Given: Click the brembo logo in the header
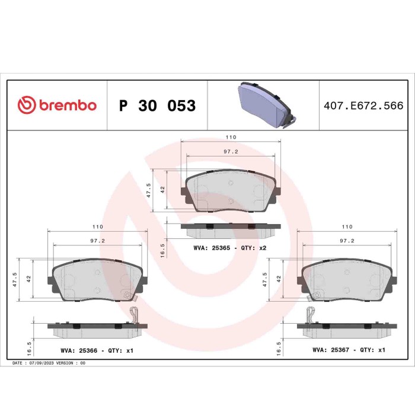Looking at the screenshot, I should coord(57,106).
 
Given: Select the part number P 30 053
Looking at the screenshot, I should coord(157,106).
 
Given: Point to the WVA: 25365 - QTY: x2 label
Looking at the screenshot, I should coord(230,247).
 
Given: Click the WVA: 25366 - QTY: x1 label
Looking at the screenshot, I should coord(97,351).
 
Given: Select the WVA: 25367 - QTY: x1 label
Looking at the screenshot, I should coord(349,350).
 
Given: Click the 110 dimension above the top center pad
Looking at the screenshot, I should coord(231,138).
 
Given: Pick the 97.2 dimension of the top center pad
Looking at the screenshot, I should coord(231,152).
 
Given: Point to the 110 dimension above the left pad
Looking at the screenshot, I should coord(98,227).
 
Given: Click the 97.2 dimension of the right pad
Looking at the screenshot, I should coord(347,241).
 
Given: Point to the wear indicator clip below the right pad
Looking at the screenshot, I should coord(309,315).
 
